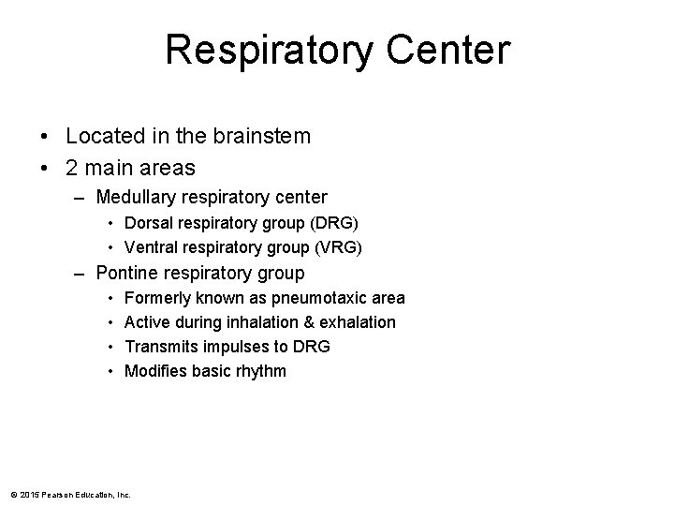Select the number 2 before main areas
click(x=73, y=168)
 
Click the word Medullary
click(x=137, y=197)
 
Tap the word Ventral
click(x=151, y=247)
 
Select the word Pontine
click(x=129, y=274)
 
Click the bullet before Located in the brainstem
click(x=46, y=137)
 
